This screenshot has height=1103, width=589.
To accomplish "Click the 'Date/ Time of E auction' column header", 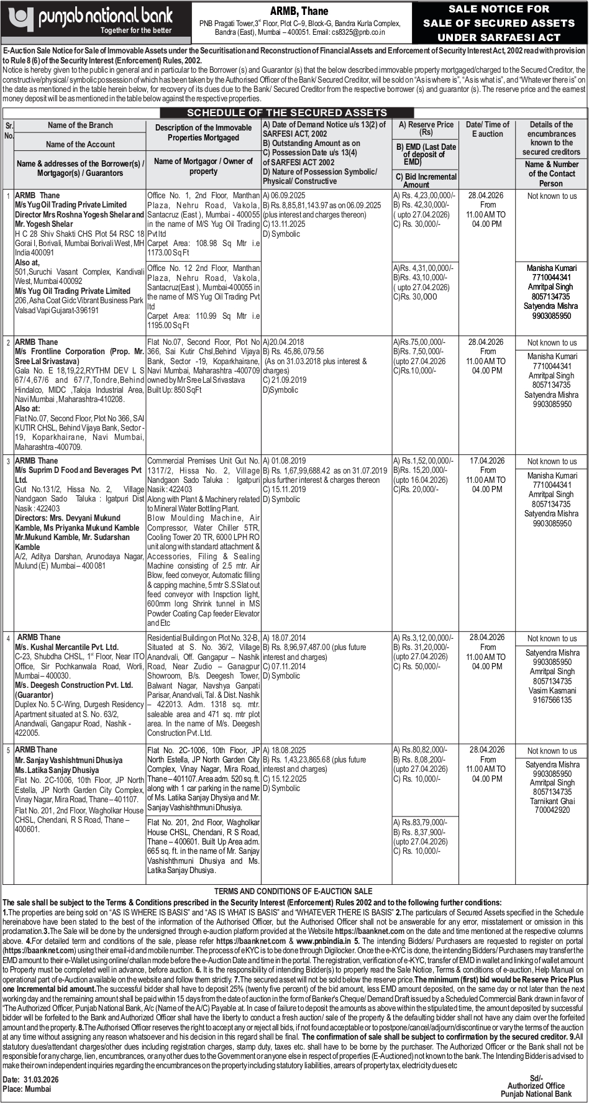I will click(487, 129).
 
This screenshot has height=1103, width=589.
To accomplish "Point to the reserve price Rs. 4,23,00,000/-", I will click(424, 195).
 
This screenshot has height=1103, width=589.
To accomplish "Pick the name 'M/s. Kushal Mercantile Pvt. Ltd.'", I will click(66, 647).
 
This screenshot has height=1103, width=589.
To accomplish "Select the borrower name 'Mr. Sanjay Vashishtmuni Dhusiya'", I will click(69, 760).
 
